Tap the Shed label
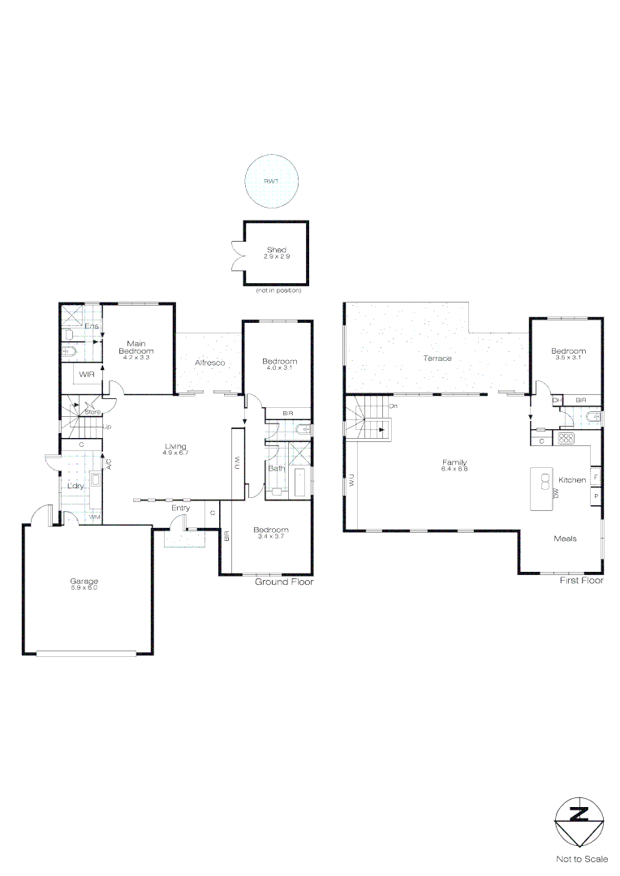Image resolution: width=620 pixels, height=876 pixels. click(276, 250)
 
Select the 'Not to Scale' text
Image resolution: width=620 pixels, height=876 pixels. click(581, 858)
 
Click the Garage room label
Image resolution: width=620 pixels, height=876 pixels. click(84, 581)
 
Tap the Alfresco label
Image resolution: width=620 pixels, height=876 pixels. click(209, 363)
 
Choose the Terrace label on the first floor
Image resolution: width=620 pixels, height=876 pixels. click(437, 358)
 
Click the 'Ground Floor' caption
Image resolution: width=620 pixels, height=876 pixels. click(284, 582)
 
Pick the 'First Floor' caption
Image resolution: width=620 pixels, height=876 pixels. click(581, 582)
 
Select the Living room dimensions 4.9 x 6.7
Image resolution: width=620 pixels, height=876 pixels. click(176, 453)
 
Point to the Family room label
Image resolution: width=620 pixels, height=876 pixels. click(454, 461)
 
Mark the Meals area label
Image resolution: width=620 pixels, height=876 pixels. click(565, 539)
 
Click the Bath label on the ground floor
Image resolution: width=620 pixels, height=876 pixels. click(276, 468)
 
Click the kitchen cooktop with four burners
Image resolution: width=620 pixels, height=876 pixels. click(566, 439)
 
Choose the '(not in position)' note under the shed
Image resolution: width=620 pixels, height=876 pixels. click(278, 290)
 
